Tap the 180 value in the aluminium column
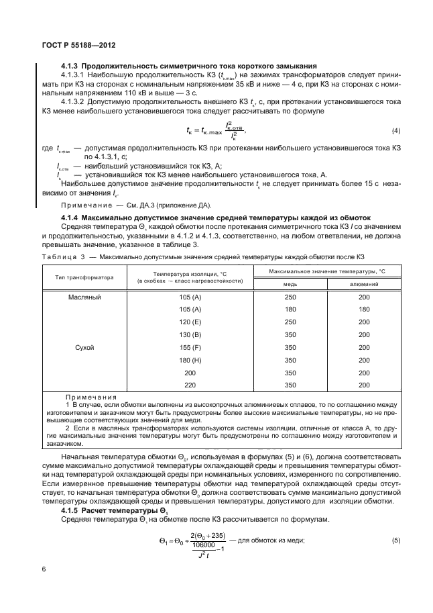(363, 310)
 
